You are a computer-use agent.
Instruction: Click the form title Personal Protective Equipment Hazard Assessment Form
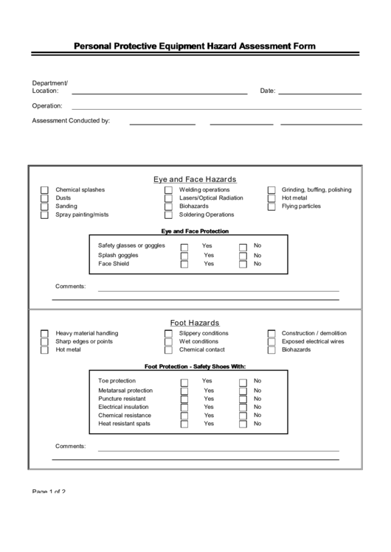point(195,46)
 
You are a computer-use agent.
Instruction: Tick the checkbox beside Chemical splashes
point(45,190)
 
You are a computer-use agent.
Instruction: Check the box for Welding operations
point(168,190)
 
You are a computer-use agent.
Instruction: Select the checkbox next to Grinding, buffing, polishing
point(271,190)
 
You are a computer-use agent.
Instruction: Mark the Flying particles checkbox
point(271,207)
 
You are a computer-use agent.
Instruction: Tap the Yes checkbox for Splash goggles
point(184,256)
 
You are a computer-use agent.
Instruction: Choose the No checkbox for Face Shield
point(243,264)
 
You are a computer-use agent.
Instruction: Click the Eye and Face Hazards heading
point(195,179)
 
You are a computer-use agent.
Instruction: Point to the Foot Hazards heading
point(195,323)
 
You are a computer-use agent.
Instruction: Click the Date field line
point(319,94)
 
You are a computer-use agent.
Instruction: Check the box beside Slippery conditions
point(168,334)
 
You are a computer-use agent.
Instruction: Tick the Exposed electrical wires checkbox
point(271,342)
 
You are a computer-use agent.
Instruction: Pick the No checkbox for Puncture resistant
point(243,399)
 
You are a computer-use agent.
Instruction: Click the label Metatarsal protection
point(125,391)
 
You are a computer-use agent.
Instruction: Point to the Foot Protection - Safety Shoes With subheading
point(195,366)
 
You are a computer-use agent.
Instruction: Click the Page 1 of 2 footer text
point(49,492)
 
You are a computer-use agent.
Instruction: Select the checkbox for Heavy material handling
point(45,334)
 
